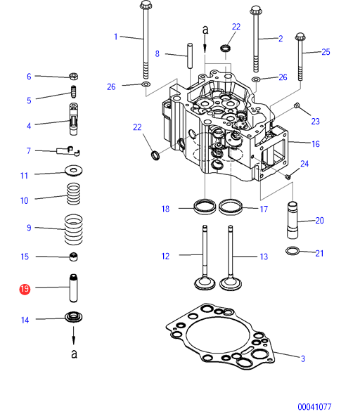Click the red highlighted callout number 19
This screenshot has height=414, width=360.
tap(25, 289)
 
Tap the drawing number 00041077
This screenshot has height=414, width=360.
tap(314, 406)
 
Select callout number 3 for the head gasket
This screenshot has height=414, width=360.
tap(303, 358)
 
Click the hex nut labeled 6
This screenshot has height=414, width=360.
tap(73, 77)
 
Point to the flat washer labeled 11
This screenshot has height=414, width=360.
tap(74, 171)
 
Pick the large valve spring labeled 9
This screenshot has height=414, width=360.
tap(74, 229)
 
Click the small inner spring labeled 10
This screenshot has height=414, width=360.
tap(73, 194)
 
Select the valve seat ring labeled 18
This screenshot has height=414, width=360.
tap(205, 207)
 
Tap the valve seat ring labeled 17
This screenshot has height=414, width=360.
tap(231, 207)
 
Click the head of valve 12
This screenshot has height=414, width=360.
tap(205, 283)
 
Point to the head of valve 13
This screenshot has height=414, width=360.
tap(231, 284)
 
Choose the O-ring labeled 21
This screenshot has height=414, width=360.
tap(292, 250)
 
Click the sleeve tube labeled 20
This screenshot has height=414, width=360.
tap(292, 220)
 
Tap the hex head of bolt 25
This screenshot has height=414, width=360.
tap(300, 37)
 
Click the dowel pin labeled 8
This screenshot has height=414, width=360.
tap(190, 56)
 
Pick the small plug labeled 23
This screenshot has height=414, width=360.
tap(297, 105)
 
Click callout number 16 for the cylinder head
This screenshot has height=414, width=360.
tap(316, 144)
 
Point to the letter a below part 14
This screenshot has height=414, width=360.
tap(75, 354)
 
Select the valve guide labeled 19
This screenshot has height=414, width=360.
tap(74, 288)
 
